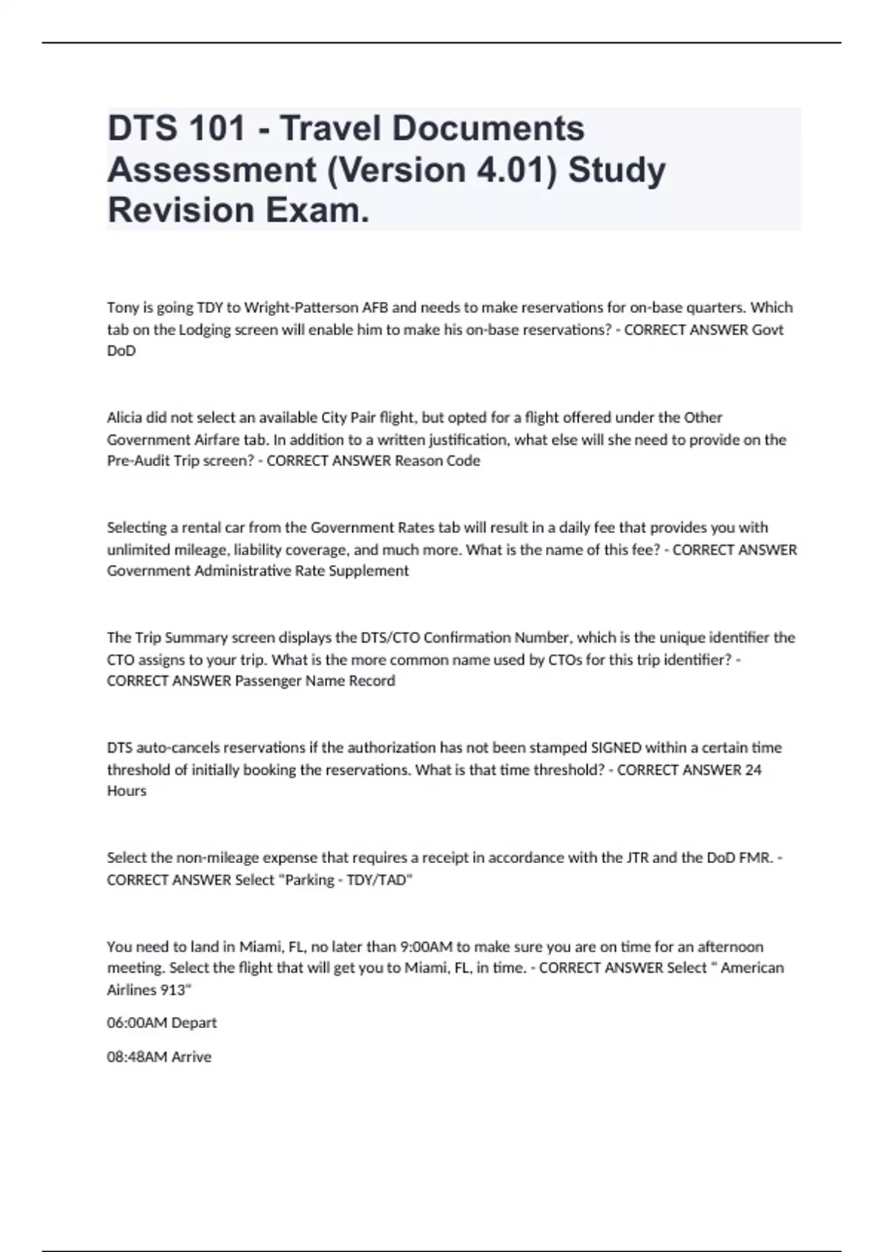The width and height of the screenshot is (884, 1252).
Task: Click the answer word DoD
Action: coord(122,351)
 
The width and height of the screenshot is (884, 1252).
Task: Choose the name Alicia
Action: coord(124,418)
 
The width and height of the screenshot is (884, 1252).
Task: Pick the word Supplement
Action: coord(373,571)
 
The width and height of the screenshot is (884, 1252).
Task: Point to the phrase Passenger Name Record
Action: coord(315,681)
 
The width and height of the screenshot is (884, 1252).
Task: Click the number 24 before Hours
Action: coord(753,770)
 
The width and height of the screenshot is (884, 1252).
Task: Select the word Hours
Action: coord(127,791)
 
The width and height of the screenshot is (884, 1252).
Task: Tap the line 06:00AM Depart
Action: coord(162,1023)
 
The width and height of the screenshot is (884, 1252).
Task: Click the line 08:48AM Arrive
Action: coord(159,1057)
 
